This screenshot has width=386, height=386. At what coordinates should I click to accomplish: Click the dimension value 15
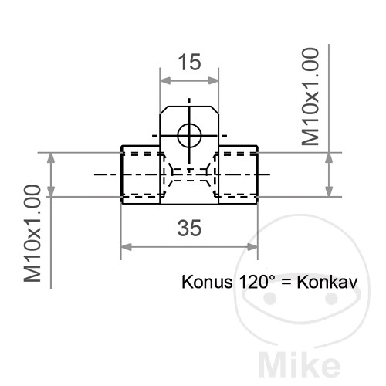189,62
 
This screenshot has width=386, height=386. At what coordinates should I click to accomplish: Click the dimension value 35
189,228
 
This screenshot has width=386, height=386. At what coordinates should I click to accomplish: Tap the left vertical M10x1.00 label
32,233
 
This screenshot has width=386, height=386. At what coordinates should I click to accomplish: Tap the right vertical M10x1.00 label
310,96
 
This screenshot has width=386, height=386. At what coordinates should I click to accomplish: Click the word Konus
207,282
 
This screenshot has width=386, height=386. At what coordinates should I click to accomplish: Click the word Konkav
327,282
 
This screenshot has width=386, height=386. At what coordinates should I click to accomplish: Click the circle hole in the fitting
189,136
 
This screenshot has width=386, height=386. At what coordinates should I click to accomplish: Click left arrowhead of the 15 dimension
165,80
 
